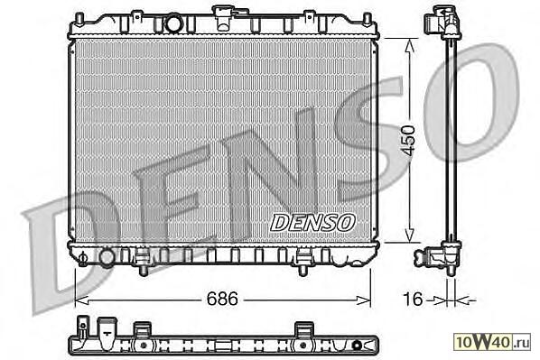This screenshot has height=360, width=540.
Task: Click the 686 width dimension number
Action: pos(222,299)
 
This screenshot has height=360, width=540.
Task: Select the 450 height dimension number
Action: pos(409,141)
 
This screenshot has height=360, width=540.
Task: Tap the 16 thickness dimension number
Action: pos(413,299)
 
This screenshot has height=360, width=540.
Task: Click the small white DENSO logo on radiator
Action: pos(312,223)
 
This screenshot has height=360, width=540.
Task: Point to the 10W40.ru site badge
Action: pos(491,342)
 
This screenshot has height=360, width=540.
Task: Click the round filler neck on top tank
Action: pos(173,23)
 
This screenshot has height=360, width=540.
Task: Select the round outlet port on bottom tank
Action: pos(107,257)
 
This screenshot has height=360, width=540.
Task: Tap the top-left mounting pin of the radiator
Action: pos(79,20)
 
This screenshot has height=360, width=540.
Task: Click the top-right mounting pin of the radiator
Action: pos(368,20)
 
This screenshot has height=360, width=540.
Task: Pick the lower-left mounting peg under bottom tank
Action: pos(144,270)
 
